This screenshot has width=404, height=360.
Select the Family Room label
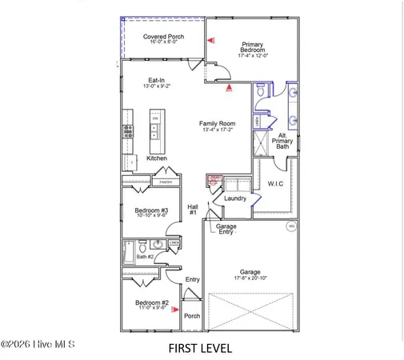[217, 124]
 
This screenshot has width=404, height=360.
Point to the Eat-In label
[157, 81]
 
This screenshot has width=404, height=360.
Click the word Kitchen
[157, 158]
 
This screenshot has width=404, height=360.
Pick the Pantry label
[166, 182]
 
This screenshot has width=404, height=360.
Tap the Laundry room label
[234, 198]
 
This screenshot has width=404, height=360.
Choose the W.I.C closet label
[275, 184]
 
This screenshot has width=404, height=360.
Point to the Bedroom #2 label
[150, 303]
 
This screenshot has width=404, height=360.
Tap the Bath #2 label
[144, 257]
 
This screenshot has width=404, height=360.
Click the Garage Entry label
[226, 229]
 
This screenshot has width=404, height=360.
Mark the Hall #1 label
[193, 210]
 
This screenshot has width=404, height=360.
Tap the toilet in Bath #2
[142, 246]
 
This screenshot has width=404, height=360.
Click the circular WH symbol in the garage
[291, 226]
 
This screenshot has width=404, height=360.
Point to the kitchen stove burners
[127, 132]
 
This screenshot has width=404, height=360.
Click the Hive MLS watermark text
[38, 345]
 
